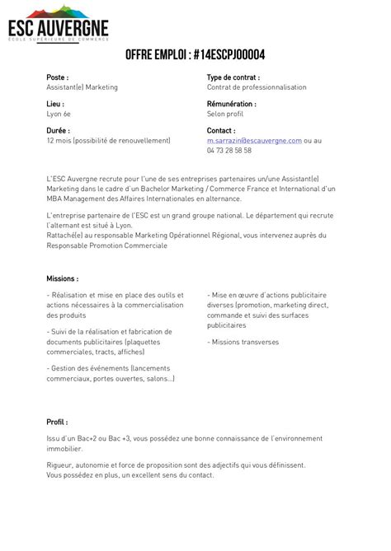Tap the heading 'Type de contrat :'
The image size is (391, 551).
(x=233, y=77)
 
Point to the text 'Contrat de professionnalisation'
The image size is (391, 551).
(x=256, y=86)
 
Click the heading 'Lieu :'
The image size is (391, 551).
(x=55, y=105)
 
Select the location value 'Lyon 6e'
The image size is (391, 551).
(x=59, y=114)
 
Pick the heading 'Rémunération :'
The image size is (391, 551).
(x=231, y=105)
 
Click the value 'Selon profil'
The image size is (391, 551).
(x=225, y=114)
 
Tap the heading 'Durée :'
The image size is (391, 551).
(x=58, y=130)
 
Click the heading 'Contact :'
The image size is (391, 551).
(x=221, y=130)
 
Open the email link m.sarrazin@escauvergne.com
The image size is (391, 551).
(x=254, y=141)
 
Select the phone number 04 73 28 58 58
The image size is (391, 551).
(x=229, y=151)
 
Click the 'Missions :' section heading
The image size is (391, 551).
(x=63, y=279)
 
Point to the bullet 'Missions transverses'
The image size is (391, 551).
(x=246, y=341)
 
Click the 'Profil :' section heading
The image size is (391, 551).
(x=57, y=422)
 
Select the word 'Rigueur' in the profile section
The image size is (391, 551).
(x=60, y=465)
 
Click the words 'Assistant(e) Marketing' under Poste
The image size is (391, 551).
(x=82, y=86)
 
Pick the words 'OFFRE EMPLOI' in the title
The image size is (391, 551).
(x=156, y=55)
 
